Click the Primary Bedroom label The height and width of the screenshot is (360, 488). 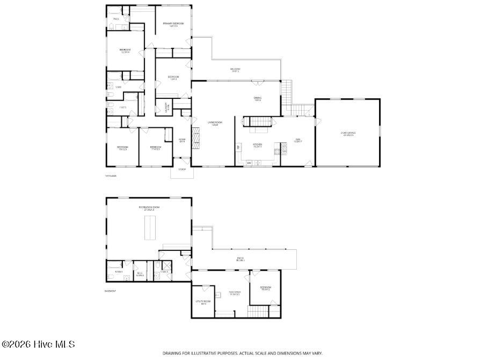click(173, 24)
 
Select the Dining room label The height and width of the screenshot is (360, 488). click(257, 99)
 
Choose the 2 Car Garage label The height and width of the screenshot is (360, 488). click(348, 134)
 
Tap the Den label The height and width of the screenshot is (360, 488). click(297, 140)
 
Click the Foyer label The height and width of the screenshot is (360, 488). click(182, 141)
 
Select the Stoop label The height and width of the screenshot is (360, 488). click(182, 169)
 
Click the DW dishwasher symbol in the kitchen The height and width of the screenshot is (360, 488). click(249, 162)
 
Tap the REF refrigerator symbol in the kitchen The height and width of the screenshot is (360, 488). click(238, 146)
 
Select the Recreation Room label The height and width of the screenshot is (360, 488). click(149, 208)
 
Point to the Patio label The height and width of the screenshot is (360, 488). click(240, 259)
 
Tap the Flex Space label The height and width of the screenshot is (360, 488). click(235, 293)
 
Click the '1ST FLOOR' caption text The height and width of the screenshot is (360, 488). click(111, 176)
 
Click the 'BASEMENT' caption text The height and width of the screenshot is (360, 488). click(110, 291)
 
